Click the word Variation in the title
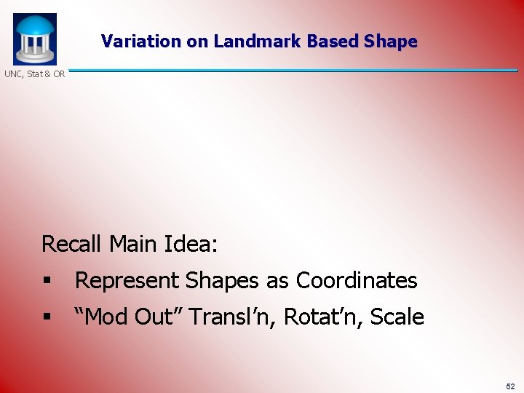point(142,41)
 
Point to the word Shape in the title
point(392,41)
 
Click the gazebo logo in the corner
point(34,39)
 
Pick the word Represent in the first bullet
point(127,280)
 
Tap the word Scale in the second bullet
point(397,317)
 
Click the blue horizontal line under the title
point(291,71)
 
